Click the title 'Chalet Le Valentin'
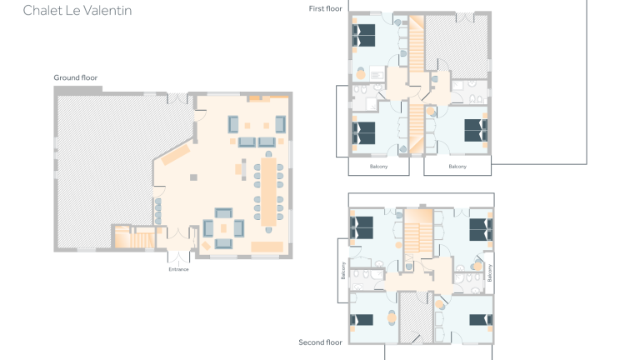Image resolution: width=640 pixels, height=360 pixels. pyautogui.click(x=77, y=11)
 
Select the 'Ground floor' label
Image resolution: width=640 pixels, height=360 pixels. pyautogui.click(x=76, y=77)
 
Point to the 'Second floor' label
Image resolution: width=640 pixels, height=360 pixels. pyautogui.click(x=321, y=342)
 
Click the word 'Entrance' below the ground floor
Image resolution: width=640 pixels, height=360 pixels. pyautogui.click(x=179, y=269)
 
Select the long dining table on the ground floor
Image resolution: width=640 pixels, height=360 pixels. pyautogui.click(x=268, y=188)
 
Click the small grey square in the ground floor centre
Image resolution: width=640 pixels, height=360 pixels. pyautogui.click(x=193, y=177)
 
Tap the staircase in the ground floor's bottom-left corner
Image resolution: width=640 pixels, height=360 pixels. pyautogui.click(x=124, y=238)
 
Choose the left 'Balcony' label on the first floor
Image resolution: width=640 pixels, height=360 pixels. pyautogui.click(x=379, y=167)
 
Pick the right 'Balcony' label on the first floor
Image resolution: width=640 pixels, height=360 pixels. pyautogui.click(x=457, y=167)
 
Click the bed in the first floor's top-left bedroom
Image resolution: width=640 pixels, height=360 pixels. pyautogui.click(x=364, y=35)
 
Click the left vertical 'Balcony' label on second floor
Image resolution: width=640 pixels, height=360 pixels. pyautogui.click(x=342, y=270)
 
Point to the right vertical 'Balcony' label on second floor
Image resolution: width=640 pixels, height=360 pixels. pyautogui.click(x=489, y=272)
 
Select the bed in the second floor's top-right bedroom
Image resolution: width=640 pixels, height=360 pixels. pyautogui.click(x=481, y=228)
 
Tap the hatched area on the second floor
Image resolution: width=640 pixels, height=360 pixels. pyautogui.click(x=412, y=317)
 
